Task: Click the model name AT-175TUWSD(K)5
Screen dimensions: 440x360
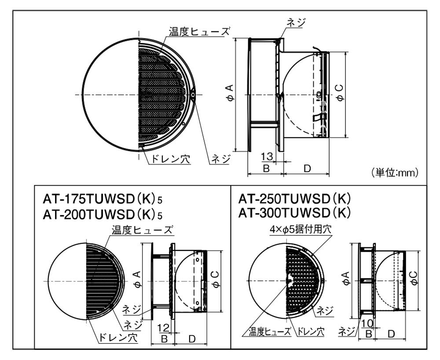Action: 103,200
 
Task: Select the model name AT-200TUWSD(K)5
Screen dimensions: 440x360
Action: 103,215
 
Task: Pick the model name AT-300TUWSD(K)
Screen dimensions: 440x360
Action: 294,213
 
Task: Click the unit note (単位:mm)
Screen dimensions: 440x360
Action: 395,172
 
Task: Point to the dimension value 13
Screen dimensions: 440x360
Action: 267,156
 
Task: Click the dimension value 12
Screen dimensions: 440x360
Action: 163,327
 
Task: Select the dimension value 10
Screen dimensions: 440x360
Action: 368,324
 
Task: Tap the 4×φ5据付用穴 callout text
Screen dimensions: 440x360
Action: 301,229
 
